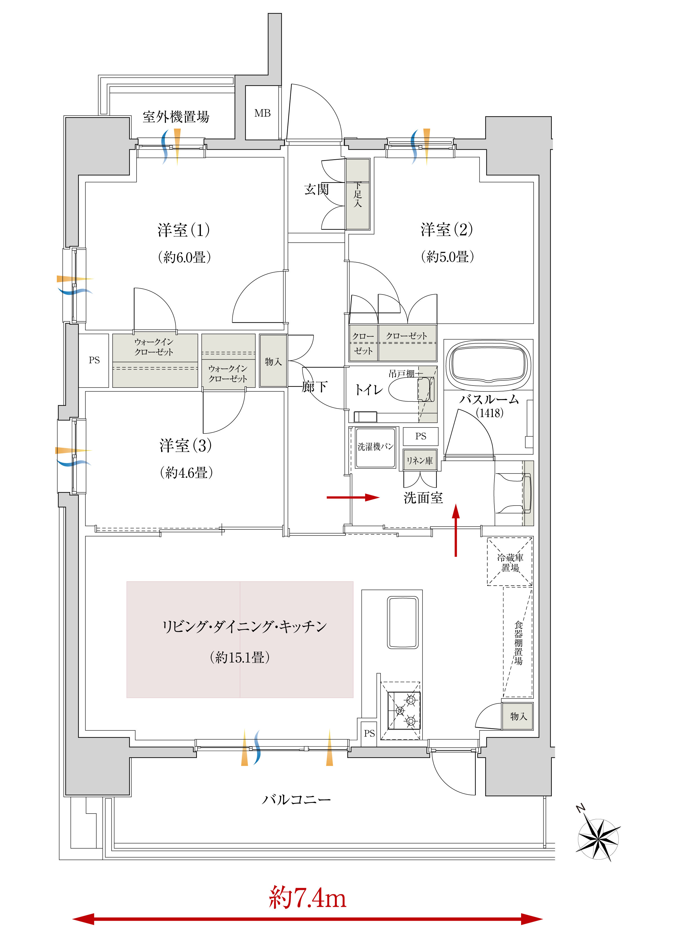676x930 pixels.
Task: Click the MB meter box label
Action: point(262,113)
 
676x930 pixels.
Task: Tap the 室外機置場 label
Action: point(176,117)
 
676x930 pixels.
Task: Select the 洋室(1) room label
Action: point(184,230)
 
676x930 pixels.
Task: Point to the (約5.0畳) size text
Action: point(447,257)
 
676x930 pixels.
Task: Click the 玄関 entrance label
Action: point(317,189)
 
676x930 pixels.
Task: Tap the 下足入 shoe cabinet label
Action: point(358,194)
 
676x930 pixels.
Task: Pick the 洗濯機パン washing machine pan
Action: point(375,448)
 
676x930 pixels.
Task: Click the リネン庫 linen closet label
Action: point(420,460)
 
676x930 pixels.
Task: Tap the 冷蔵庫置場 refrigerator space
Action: point(510,561)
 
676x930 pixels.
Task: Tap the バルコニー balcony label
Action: point(296,799)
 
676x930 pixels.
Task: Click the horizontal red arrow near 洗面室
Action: point(353,498)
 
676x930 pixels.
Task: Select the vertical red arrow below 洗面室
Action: point(456,531)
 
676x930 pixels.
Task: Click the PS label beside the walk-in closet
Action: point(94,360)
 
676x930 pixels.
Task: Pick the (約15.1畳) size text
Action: point(240,657)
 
